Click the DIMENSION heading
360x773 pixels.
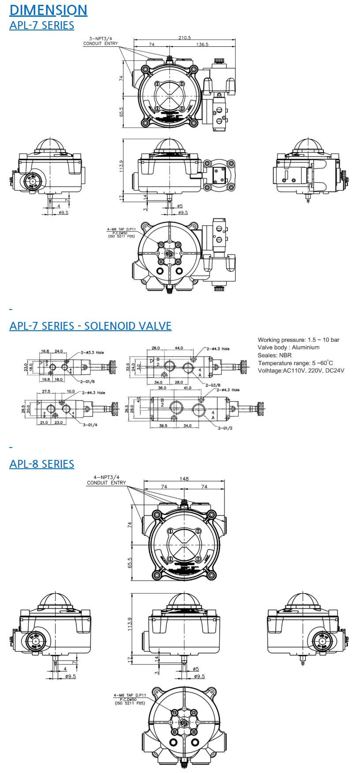point(48,10)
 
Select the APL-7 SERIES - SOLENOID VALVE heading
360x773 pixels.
point(90,326)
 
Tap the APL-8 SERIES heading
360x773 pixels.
point(42,464)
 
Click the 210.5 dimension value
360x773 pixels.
point(184,38)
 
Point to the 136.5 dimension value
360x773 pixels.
point(202,45)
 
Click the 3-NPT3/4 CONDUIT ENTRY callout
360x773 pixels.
point(101,41)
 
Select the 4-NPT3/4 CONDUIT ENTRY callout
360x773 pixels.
point(106,480)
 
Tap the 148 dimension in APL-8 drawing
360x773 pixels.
point(184,479)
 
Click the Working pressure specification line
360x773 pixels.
point(298,340)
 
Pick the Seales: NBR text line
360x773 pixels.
point(274,355)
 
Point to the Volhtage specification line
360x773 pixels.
point(301,371)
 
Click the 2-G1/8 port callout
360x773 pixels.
point(88,381)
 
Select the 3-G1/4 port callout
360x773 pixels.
point(90,425)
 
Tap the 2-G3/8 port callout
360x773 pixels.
point(213,385)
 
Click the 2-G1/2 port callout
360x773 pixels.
point(225,428)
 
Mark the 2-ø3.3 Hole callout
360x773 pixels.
point(92,352)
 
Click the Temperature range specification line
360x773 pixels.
point(295,363)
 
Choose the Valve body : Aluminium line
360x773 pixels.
point(289,347)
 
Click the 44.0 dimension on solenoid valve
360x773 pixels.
point(178,348)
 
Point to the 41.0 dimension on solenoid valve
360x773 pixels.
point(187,388)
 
